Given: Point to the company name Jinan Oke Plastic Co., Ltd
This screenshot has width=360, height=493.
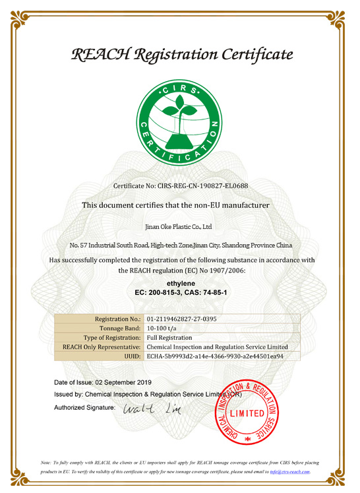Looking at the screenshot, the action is [x=179, y=226].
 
